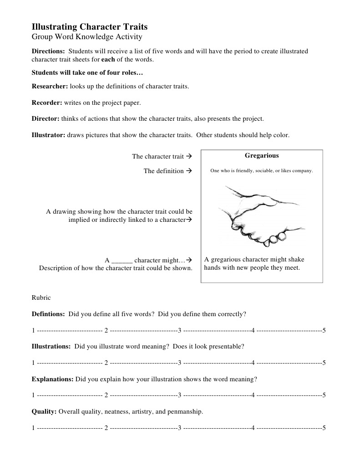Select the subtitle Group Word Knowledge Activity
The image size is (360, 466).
(87, 37)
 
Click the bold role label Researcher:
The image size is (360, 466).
(50, 86)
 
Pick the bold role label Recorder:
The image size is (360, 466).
(46, 102)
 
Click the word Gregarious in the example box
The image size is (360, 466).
(262, 156)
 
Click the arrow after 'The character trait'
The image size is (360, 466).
(189, 157)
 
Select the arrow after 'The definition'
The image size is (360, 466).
(189, 171)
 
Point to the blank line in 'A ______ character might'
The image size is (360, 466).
(122, 261)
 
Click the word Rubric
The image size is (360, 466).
(41, 297)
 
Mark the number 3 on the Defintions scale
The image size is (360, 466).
(180, 330)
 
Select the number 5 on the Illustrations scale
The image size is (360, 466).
(324, 363)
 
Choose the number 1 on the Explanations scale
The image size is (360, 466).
(33, 395)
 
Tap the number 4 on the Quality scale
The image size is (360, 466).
(253, 428)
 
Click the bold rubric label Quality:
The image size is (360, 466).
(44, 412)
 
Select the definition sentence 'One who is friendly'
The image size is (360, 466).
(262, 171)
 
